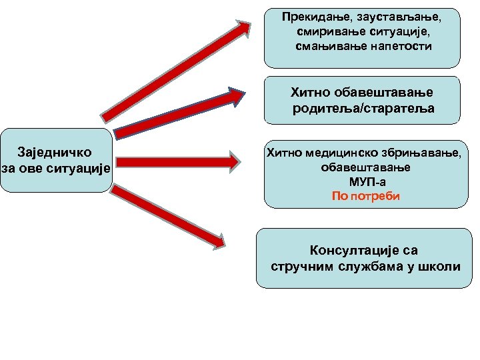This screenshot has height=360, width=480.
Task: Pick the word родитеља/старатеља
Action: [x=363, y=108]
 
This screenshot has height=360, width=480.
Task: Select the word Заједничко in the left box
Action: [x=55, y=152]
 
